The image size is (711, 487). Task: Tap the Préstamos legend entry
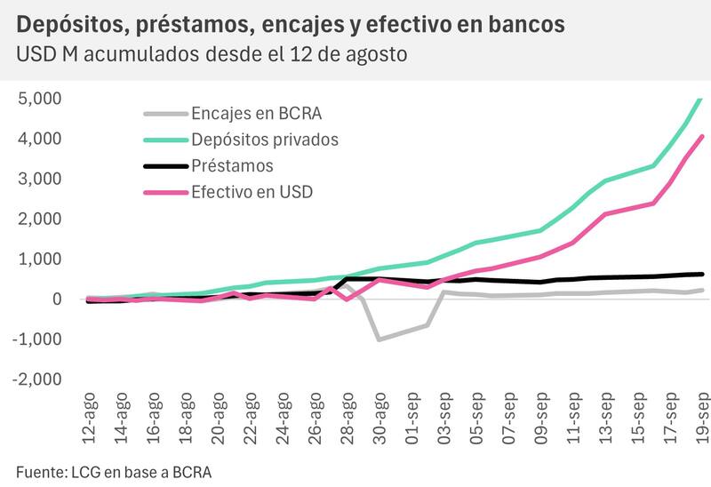[x=232, y=165]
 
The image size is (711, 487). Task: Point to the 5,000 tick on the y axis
[x=39, y=99]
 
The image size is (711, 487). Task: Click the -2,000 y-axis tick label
[x=36, y=379]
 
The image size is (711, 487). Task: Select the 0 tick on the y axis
[x=55, y=299]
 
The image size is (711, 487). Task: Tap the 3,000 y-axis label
[x=39, y=179]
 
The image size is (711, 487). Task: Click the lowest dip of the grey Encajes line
[x=379, y=339]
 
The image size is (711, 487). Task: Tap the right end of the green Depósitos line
[x=701, y=98]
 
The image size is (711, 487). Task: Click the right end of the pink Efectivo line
[x=702, y=137]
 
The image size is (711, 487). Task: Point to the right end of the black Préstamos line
[x=702, y=275]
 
